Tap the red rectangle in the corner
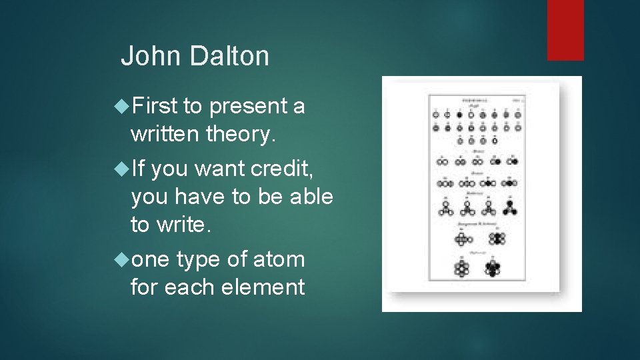(x=565, y=30)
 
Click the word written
(x=166, y=135)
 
